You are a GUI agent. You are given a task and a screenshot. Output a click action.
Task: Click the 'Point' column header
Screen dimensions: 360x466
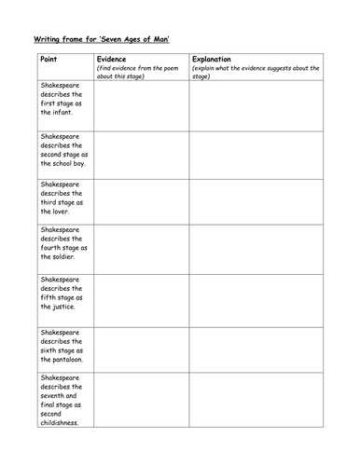(x=50, y=59)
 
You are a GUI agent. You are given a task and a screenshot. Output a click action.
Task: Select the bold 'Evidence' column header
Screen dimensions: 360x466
(x=113, y=59)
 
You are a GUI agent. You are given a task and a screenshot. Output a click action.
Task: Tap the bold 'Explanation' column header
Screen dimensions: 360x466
(x=215, y=59)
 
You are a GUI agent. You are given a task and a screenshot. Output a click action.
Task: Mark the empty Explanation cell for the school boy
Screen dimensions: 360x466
(x=255, y=154)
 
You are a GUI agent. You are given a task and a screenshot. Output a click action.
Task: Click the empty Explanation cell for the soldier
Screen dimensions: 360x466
(x=255, y=248)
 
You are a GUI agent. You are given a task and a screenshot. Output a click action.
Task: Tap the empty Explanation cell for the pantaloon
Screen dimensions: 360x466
(x=255, y=349)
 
